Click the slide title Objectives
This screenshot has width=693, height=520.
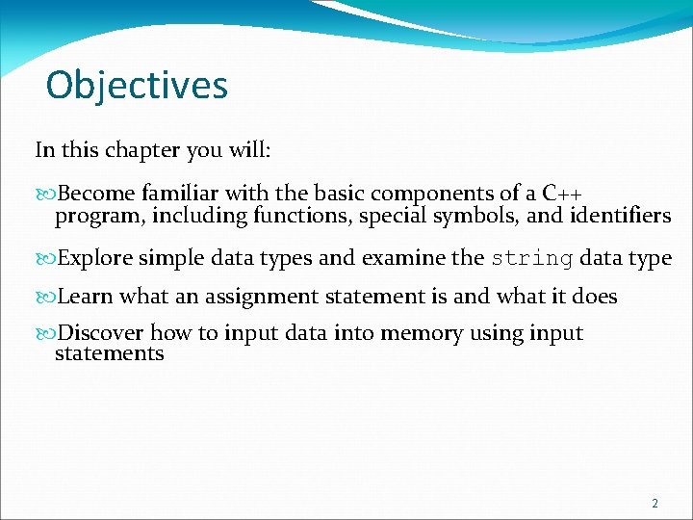click(137, 85)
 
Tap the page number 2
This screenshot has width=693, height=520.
click(654, 504)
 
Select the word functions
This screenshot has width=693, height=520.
click(301, 216)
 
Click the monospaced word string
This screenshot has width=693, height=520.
click(532, 258)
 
